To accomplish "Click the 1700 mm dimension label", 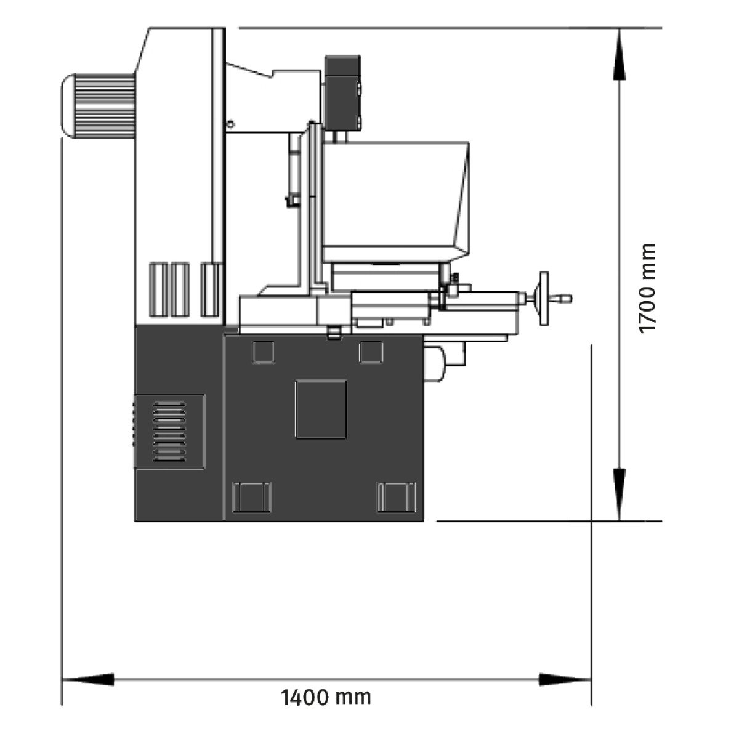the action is coord(648,288).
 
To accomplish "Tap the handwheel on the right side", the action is coord(543,298).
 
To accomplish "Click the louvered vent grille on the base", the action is coord(169,432).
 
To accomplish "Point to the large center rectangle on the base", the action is coord(321,409).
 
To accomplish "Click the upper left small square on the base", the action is coord(264,352).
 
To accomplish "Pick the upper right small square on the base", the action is coord(371,352).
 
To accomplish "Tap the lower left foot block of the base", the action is coord(252,498).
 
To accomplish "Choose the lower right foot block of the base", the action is coord(397,498).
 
